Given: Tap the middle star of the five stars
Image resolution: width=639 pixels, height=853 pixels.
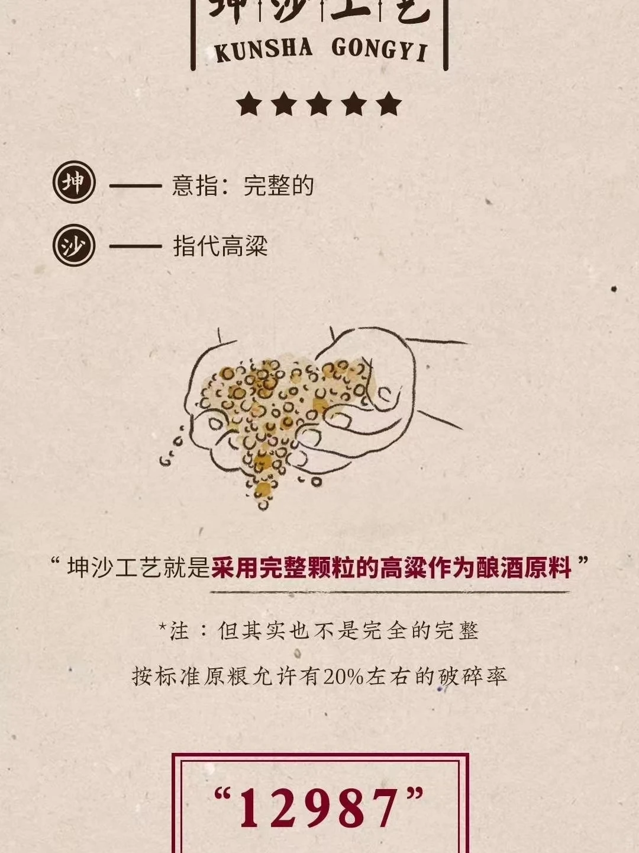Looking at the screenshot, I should pos(319,104).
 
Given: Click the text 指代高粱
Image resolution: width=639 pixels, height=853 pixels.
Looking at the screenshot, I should pos(221,246).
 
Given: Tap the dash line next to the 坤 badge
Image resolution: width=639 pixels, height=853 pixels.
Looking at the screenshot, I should pos(135,186).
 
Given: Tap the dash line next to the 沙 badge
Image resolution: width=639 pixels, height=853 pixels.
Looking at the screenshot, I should pos(135,246).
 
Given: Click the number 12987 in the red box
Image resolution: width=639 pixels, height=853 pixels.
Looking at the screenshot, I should pos(319,809).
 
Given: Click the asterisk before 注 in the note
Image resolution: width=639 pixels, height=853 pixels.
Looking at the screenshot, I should pos(163,625).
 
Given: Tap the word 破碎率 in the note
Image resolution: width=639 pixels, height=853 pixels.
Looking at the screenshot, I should pos(473,676).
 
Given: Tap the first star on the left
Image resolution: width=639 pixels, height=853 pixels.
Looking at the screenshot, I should pos(248,104).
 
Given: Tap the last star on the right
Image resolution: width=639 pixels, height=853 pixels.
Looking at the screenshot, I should pos(389,104).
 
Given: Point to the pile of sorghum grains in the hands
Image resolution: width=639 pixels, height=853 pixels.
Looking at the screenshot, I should pos(278,403).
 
